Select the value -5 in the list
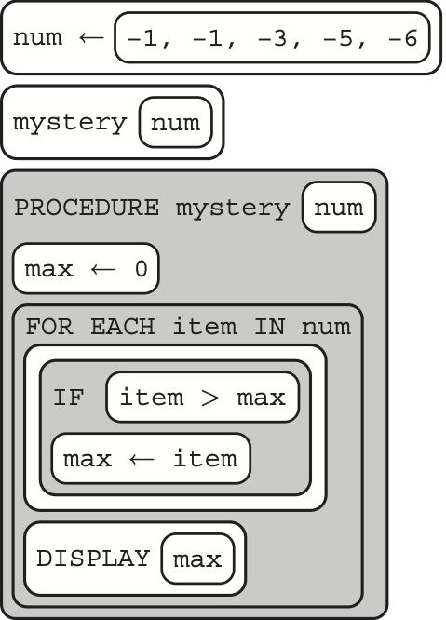(x=337, y=39)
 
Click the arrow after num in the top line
(x=91, y=38)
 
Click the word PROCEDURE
(x=87, y=208)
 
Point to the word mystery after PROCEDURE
(x=233, y=209)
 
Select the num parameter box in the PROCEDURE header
(x=339, y=207)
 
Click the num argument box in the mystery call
(x=176, y=122)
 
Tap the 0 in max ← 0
(x=142, y=269)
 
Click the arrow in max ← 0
(x=102, y=269)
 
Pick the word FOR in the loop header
(x=49, y=327)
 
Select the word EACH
(x=123, y=327)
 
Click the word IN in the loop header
(x=269, y=327)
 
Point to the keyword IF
(x=69, y=398)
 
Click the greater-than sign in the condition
(x=209, y=398)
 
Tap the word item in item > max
(x=152, y=397)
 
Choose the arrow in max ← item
(x=142, y=459)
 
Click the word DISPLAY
(x=93, y=559)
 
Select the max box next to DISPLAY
(x=197, y=559)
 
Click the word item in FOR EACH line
(x=205, y=327)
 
